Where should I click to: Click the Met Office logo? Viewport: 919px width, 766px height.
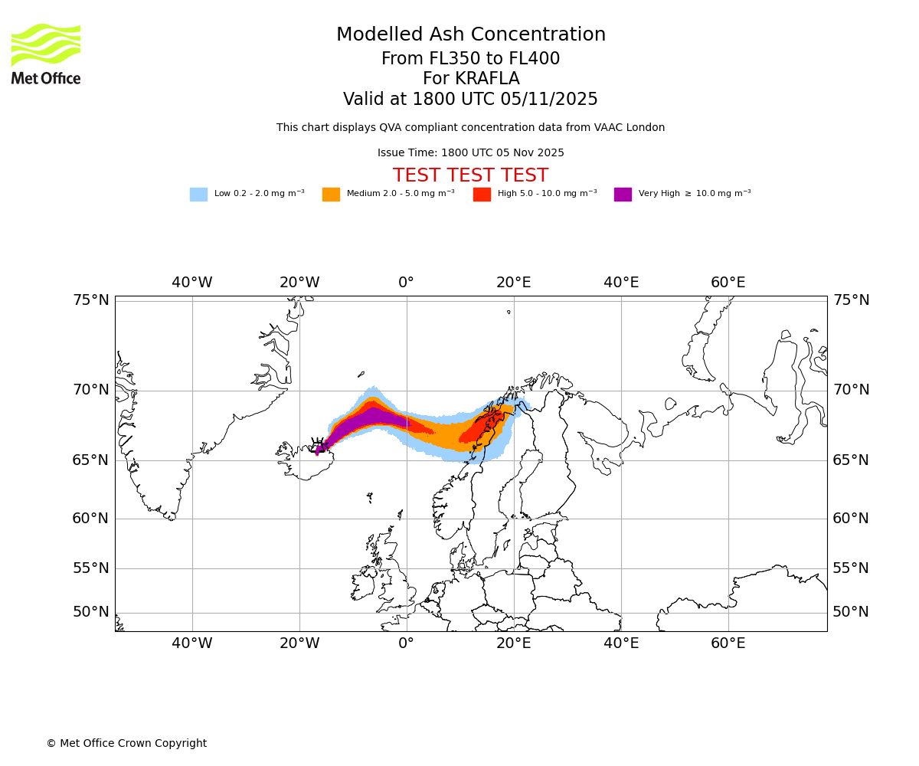(x=46, y=54)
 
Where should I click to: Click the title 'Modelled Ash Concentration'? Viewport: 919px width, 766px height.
(x=470, y=35)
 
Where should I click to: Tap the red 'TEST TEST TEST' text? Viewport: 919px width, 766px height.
(x=470, y=176)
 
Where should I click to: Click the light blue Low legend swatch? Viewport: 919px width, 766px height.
(x=198, y=195)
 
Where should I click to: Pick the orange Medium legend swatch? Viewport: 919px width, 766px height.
(x=331, y=195)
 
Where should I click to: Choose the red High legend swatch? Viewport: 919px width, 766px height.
(x=482, y=195)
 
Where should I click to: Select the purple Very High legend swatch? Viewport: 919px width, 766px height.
(x=623, y=195)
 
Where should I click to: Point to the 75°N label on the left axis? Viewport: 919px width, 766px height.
(x=91, y=300)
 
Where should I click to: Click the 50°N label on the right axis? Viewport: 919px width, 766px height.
(x=851, y=612)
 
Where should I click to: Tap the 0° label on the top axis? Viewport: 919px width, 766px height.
(x=406, y=283)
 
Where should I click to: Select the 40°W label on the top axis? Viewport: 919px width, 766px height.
(x=191, y=283)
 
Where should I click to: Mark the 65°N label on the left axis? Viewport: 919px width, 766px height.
(x=91, y=460)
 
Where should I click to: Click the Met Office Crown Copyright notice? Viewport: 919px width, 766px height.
(x=126, y=744)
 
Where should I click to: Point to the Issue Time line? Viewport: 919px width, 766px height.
(x=470, y=153)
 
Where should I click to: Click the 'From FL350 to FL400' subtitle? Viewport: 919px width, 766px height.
(x=470, y=59)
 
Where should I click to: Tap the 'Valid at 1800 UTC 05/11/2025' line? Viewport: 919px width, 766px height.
(x=470, y=100)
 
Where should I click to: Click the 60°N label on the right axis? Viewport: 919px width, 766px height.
(x=851, y=519)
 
